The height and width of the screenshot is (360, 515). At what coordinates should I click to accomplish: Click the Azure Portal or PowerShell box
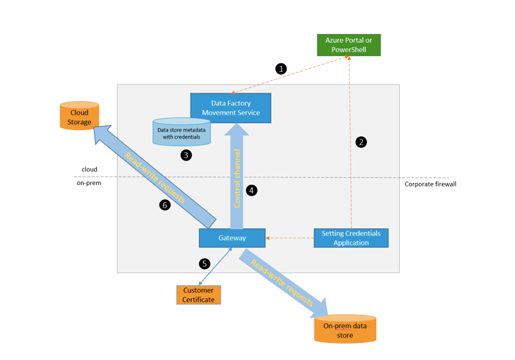[x=349, y=45]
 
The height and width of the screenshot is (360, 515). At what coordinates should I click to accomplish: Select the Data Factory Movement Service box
[x=230, y=107]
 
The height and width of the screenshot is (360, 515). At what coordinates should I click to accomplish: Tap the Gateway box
[x=232, y=238]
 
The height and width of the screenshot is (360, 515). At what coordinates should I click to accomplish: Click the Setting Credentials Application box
[x=351, y=238]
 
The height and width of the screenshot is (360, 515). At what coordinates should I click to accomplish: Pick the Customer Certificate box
[x=198, y=295]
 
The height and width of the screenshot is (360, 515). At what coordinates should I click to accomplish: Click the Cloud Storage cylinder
[x=80, y=117]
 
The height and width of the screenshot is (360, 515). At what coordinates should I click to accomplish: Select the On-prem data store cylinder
[x=345, y=329]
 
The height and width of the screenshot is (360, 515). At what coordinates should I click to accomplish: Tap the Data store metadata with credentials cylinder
[x=182, y=133]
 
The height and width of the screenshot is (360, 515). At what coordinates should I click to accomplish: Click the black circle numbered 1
[x=281, y=69]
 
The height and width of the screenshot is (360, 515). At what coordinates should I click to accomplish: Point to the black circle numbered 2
[x=361, y=142]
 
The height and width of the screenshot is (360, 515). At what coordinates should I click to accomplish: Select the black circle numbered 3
[x=186, y=155]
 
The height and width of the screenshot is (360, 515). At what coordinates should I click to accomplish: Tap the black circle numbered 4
[x=251, y=191]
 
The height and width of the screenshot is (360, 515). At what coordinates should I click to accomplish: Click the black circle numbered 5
[x=205, y=263]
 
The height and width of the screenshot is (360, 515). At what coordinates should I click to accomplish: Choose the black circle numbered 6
[x=165, y=205]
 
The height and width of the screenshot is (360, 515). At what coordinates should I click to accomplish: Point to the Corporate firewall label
[x=430, y=184]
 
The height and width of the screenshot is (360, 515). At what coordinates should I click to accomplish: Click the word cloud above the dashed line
[x=89, y=169]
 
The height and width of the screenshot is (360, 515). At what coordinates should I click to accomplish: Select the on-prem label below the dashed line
[x=89, y=184]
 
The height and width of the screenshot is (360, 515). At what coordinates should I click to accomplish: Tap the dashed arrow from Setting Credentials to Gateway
[x=290, y=238]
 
